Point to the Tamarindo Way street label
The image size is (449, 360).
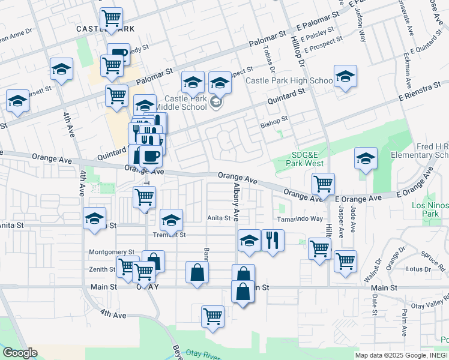(301, 218)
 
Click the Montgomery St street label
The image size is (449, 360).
(112, 252)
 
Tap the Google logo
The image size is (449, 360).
(20, 353)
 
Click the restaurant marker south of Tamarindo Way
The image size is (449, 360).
(273, 240)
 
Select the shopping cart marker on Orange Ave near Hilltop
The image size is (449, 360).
(323, 182)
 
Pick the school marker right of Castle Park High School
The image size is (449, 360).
(345, 76)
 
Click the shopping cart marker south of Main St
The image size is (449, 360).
(213, 316)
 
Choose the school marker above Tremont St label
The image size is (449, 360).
(171, 220)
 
